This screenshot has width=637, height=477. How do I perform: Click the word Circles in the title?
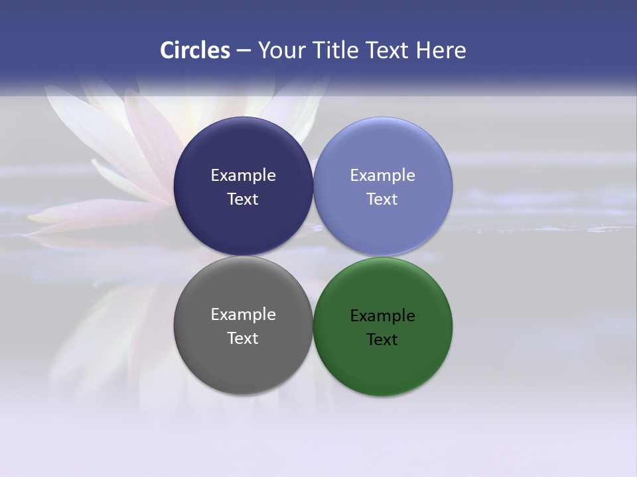click(x=194, y=50)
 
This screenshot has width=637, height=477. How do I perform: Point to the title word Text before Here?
click(x=388, y=50)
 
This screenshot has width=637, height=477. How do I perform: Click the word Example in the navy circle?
click(x=243, y=176)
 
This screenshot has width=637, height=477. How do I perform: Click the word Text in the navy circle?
click(x=243, y=199)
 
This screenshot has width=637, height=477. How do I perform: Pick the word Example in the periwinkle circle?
click(x=382, y=176)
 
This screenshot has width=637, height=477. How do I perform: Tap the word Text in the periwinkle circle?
click(x=382, y=199)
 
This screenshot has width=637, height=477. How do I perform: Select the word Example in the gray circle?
click(x=243, y=315)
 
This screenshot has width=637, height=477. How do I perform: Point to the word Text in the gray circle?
click(x=243, y=339)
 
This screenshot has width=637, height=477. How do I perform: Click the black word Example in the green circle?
click(x=382, y=316)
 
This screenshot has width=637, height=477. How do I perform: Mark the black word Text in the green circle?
click(x=382, y=340)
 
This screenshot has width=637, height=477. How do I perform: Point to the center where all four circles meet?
click(x=313, y=256)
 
